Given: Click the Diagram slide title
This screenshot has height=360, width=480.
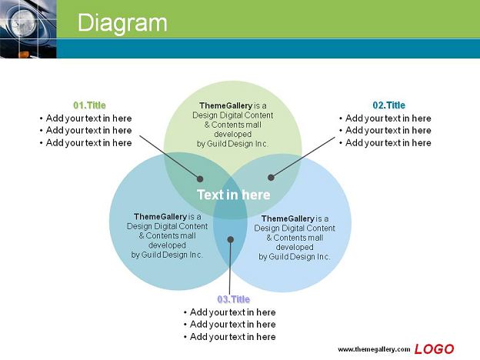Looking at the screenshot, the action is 122,23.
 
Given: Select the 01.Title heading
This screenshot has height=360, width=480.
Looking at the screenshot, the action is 89,105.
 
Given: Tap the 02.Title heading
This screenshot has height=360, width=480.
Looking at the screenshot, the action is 388,105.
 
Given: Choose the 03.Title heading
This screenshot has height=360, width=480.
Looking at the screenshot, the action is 234,299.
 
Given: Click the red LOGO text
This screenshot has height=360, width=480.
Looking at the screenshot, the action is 434,349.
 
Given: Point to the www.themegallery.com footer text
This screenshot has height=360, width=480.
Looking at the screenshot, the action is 374,349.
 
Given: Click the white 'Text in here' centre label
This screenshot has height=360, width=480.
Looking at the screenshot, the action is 234,195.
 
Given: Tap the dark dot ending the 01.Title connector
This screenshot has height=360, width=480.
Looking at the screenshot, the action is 200,178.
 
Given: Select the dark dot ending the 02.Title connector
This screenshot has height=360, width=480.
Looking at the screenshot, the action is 271,177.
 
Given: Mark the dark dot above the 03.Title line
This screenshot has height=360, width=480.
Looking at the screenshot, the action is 231,239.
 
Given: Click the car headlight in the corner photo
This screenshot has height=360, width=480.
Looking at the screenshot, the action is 24,22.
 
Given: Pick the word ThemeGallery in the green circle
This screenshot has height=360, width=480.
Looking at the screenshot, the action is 226,105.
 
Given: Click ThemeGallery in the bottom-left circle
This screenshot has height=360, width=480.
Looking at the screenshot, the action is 161,217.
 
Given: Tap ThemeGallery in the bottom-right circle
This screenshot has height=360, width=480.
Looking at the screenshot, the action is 288,218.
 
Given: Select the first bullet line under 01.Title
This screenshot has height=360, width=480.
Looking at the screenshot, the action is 85,118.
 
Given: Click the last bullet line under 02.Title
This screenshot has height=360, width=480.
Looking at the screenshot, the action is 385,142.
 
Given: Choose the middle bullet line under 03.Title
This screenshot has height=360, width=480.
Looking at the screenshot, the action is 229,324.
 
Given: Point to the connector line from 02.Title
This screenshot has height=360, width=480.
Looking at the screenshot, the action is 303,157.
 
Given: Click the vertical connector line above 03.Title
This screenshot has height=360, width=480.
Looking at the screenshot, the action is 230,267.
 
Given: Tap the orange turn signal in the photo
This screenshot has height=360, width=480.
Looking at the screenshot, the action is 24,55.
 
